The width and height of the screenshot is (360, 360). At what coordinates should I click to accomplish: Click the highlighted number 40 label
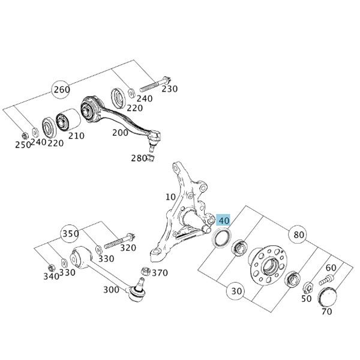[x=223, y=221]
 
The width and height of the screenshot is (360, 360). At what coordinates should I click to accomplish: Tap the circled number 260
[x=61, y=90]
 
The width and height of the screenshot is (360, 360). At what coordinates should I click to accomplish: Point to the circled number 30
[x=236, y=291]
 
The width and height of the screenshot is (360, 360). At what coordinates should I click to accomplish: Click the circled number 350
[x=70, y=233]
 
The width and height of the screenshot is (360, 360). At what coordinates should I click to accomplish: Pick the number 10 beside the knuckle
[x=171, y=197]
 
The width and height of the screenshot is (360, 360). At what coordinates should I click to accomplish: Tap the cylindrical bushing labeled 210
[x=64, y=123]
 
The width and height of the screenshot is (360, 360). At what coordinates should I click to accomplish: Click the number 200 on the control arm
[x=121, y=133]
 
